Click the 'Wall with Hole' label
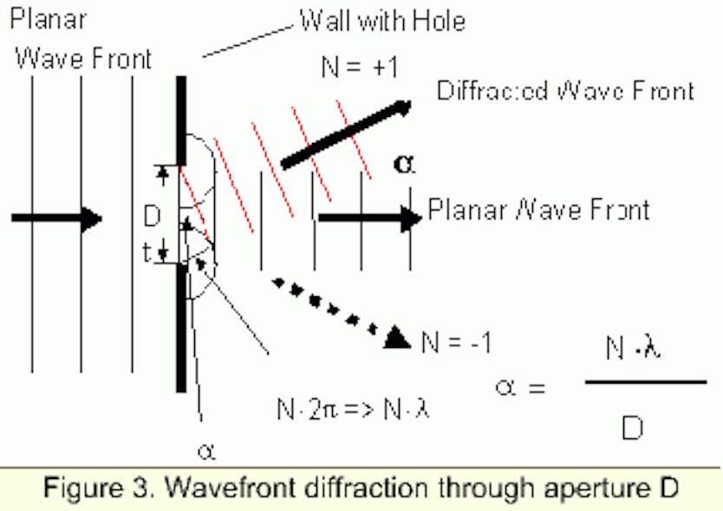click(382, 21)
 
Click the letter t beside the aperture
click(149, 252)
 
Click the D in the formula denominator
click(634, 426)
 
